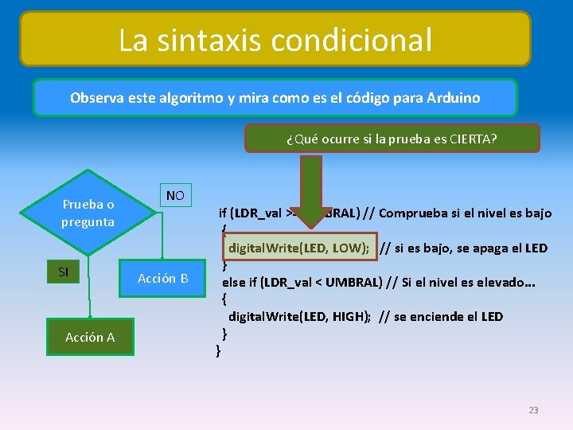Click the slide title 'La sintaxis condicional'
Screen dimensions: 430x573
pyautogui.click(x=275, y=39)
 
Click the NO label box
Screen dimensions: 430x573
pyautogui.click(x=175, y=196)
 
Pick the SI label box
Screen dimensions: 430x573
pyautogui.click(x=64, y=272)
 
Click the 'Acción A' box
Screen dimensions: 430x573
pyautogui.click(x=90, y=337)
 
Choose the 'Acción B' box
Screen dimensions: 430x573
pyautogui.click(x=162, y=278)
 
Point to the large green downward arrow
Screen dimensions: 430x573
pyautogui.click(x=311, y=199)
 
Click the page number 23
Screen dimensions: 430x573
pyautogui.click(x=533, y=410)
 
